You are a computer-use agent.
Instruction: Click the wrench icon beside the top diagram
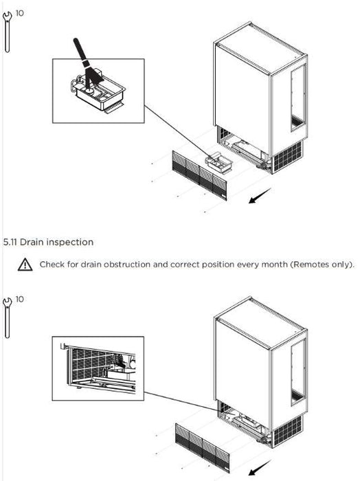pyautogui.click(x=7, y=32)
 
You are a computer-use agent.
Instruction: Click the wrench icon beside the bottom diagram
pyautogui.click(x=7, y=317)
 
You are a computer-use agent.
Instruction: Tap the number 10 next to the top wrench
pyautogui.click(x=20, y=13)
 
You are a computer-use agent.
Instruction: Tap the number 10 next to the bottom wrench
pyautogui.click(x=20, y=299)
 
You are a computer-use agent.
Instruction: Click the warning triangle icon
pyautogui.click(x=25, y=265)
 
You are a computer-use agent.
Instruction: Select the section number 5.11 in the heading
pyautogui.click(x=10, y=243)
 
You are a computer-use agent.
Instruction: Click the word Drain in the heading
pyautogui.click(x=32, y=243)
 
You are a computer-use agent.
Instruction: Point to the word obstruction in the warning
pyautogui.click(x=127, y=265)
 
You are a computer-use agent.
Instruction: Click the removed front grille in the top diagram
pyautogui.click(x=199, y=175)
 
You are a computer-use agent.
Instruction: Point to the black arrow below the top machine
pyautogui.click(x=260, y=196)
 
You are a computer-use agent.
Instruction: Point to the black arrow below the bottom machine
pyautogui.click(x=260, y=467)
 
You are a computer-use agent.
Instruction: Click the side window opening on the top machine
pyautogui.click(x=298, y=98)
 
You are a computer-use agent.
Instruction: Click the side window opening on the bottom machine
pyautogui.click(x=298, y=372)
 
